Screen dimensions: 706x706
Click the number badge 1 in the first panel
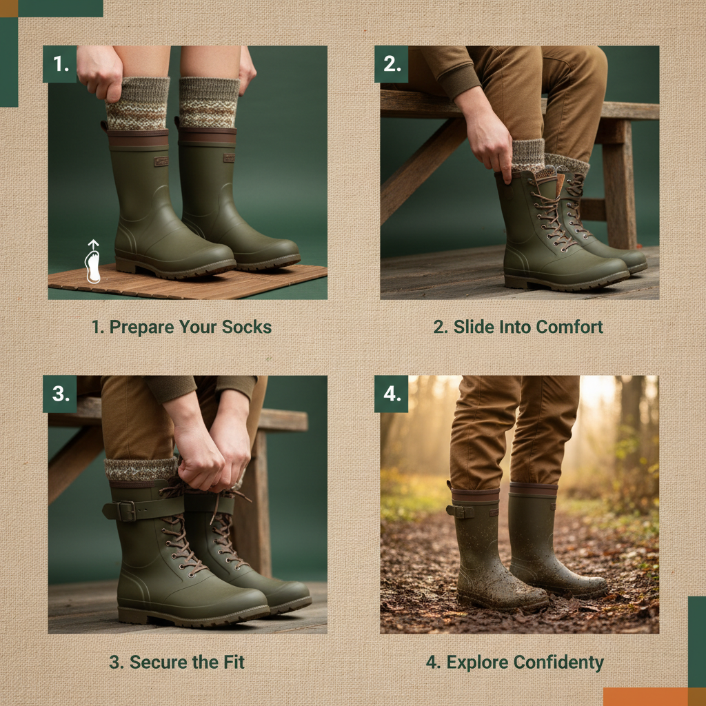(60, 64)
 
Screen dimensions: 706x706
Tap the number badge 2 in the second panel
(392, 64)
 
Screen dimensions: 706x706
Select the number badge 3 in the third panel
(60, 394)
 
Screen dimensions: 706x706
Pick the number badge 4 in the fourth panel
(392, 394)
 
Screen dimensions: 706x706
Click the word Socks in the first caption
(246, 327)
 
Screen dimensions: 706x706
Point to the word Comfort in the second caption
(569, 327)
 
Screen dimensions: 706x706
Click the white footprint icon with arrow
(93, 263)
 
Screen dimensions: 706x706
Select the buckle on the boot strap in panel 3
(125, 511)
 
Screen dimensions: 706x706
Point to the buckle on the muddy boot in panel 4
(459, 511)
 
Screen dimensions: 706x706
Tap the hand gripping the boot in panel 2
(490, 145)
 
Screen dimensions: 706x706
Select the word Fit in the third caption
(232, 663)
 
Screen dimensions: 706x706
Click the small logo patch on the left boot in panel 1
(161, 161)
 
